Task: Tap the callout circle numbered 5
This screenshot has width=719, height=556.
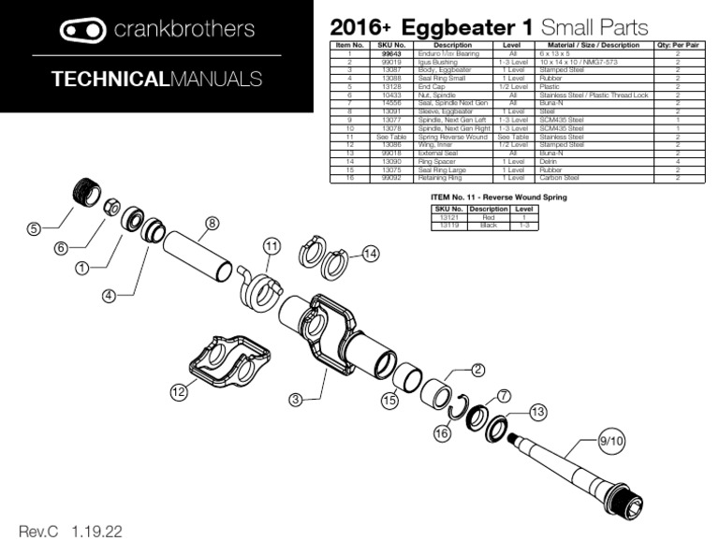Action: [x=35, y=229]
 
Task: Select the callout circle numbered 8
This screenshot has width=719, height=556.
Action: [x=213, y=223]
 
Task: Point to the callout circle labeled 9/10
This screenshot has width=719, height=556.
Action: [x=610, y=440]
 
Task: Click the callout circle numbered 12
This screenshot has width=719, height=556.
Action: [x=179, y=393]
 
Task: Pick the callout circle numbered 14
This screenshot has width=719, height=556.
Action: [x=371, y=254]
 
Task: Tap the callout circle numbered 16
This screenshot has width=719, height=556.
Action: [x=441, y=434]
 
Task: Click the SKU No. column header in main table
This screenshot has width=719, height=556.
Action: [x=392, y=45]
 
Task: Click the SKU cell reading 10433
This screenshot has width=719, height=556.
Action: [x=392, y=95]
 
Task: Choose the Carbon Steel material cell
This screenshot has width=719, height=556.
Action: [x=559, y=178]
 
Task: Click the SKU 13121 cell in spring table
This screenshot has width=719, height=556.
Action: [x=448, y=217]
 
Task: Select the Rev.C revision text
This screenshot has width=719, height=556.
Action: [x=38, y=532]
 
